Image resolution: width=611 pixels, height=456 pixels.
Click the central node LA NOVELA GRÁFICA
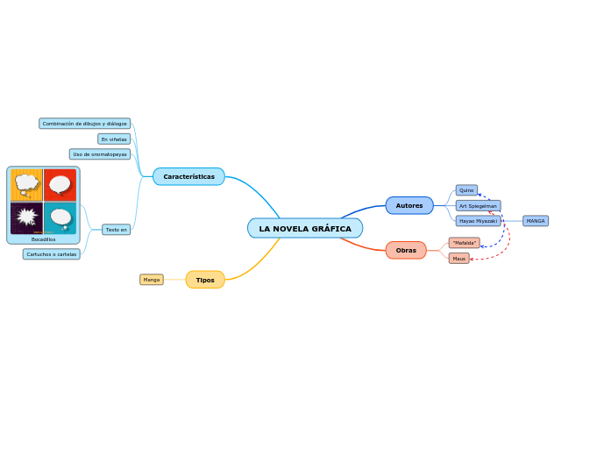(x=305, y=229)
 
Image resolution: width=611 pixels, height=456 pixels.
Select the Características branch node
(x=188, y=176)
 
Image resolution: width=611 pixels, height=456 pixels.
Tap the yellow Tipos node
(x=205, y=280)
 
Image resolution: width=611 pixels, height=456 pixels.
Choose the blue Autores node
(x=409, y=205)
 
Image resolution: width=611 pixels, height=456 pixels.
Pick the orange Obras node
(x=406, y=250)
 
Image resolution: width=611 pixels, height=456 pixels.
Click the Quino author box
(x=466, y=190)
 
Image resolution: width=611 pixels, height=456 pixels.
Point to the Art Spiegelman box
(x=478, y=206)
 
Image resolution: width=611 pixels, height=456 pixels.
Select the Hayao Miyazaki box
(x=478, y=221)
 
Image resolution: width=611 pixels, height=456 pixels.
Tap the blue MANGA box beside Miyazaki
(x=536, y=221)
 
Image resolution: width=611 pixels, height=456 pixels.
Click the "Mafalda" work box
(x=465, y=243)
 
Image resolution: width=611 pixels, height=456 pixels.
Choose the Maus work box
(x=459, y=259)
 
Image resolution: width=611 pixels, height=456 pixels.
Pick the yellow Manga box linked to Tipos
(x=152, y=280)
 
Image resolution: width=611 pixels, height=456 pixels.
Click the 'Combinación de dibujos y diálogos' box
(x=85, y=124)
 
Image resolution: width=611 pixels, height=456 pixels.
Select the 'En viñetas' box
(x=114, y=139)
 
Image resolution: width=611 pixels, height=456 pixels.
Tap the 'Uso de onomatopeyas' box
(x=100, y=154)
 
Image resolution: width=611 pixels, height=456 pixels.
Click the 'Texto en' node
(x=117, y=230)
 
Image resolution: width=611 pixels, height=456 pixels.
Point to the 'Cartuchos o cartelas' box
(x=52, y=254)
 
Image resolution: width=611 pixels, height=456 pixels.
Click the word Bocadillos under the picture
(x=43, y=239)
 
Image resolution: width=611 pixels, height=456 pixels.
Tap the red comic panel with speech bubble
(x=60, y=184)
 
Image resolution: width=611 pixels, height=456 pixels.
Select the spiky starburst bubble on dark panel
(x=26, y=217)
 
